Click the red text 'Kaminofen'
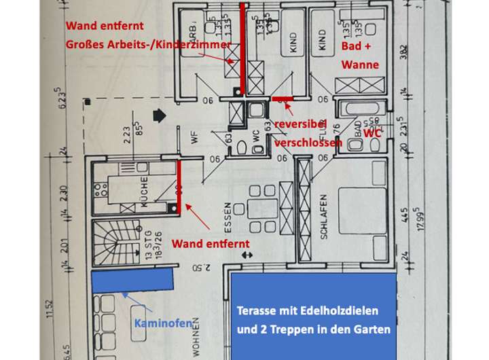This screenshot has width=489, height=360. pyautogui.click(x=162, y=323)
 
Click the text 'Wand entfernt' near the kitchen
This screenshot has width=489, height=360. pyautogui.click(x=210, y=243)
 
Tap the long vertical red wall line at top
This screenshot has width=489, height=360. pyautogui.click(x=242, y=51)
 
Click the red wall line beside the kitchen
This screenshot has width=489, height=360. pyautogui.click(x=179, y=187)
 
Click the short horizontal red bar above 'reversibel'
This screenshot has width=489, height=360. pyautogui.click(x=281, y=99)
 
